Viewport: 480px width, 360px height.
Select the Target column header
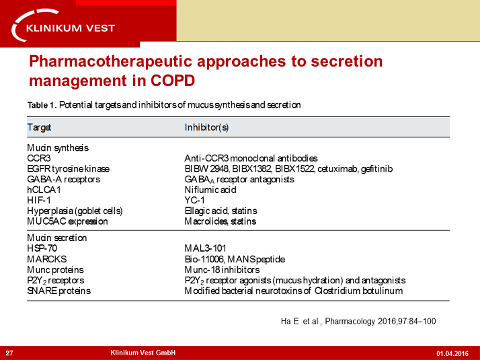(x=39, y=127)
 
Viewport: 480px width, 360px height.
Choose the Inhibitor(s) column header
(x=206, y=127)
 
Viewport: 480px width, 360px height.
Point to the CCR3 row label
(x=38, y=158)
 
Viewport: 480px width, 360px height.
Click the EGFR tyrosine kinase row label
(x=68, y=168)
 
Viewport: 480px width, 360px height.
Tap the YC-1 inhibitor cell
(x=195, y=201)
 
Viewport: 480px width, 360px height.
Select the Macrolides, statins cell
(x=220, y=221)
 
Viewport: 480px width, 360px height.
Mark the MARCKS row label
(x=46, y=259)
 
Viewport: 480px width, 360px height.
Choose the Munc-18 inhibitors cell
(x=222, y=269)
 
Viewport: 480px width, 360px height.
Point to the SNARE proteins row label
(x=58, y=291)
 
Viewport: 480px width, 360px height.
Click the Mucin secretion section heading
(x=57, y=238)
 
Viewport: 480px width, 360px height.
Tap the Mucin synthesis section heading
(x=58, y=147)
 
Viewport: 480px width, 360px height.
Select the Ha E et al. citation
(x=358, y=321)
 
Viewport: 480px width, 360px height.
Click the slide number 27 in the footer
(x=10, y=353)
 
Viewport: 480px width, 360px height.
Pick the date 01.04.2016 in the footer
(x=452, y=353)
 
